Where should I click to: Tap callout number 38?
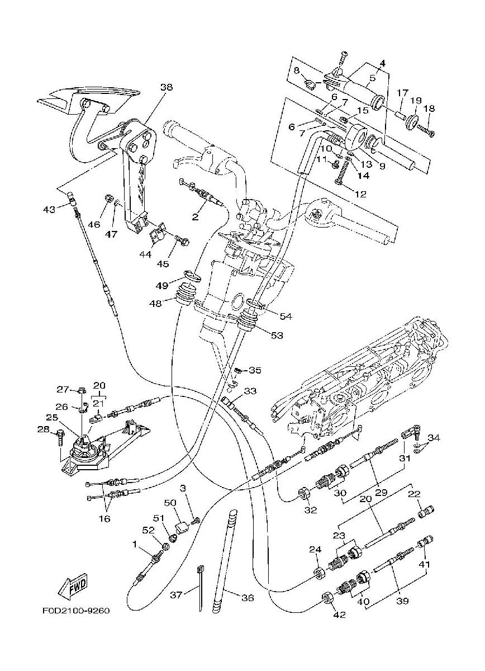tap(167, 87)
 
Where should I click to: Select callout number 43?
tap(49, 209)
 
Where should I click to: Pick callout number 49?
tap(162, 286)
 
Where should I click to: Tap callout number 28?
tap(43, 429)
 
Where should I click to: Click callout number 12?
tap(361, 194)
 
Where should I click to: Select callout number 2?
tap(195, 216)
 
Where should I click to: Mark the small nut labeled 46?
tap(107, 199)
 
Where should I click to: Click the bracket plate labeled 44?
tap(157, 233)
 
